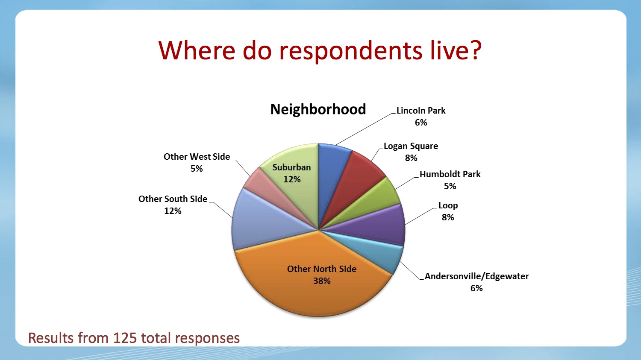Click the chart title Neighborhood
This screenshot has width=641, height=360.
click(318, 109)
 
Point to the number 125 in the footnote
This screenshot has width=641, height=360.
click(125, 338)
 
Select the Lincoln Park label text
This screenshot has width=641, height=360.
click(420, 110)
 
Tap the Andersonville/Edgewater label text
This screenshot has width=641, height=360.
click(476, 276)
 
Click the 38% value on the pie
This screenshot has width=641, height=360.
click(322, 281)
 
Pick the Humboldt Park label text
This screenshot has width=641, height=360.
click(450, 174)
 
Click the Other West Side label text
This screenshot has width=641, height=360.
click(197, 156)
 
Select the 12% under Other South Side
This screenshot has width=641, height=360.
click(173, 211)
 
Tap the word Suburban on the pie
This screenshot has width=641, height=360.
click(291, 167)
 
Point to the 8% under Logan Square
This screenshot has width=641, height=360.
click(411, 158)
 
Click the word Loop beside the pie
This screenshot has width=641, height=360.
click(448, 205)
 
